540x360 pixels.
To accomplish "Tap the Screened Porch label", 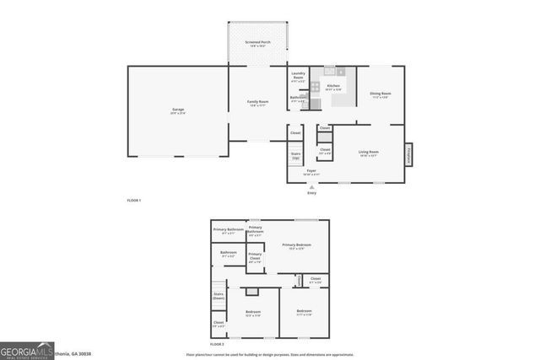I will pos(257,44).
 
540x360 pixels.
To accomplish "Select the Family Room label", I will pos(257,104).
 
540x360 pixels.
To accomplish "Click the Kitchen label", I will pos(333,87).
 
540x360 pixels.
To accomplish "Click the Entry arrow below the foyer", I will pos(311,186).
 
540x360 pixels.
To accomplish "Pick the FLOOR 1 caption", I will pos(133,201).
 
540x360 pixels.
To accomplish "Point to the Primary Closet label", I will pos(256,256).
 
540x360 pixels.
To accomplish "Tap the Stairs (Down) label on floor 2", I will pos(219,297).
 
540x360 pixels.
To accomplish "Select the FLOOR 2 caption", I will pos(217,345).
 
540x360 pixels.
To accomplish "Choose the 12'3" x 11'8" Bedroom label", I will pos(253,314).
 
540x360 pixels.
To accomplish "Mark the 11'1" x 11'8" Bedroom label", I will pos(304,314).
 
